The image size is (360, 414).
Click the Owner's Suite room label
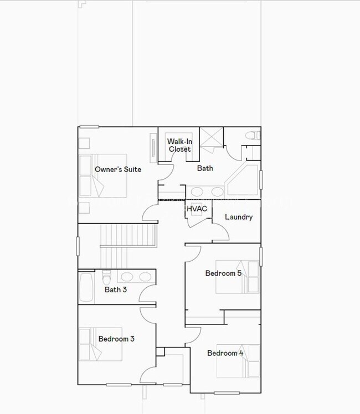[x=117, y=169]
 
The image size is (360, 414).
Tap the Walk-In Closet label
[x=179, y=145]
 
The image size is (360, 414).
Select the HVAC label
[x=197, y=209]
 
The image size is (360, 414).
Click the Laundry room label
[x=239, y=217]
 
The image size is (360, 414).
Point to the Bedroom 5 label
[x=223, y=273]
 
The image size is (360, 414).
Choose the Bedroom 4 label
[x=225, y=353]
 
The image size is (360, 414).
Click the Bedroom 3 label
[x=116, y=339]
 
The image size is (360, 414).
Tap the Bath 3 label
[x=116, y=289]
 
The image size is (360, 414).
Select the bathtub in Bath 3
[x=86, y=287]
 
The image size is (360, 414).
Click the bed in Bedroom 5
[x=238, y=276]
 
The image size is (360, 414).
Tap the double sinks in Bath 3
[x=136, y=277]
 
